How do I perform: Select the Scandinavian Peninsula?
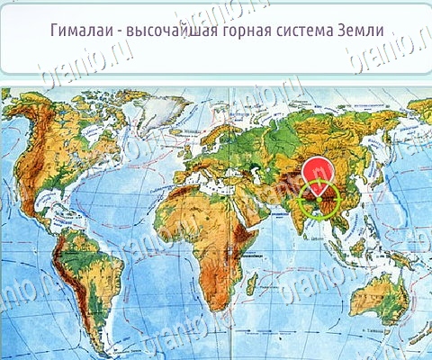click(x=212, y=126)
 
